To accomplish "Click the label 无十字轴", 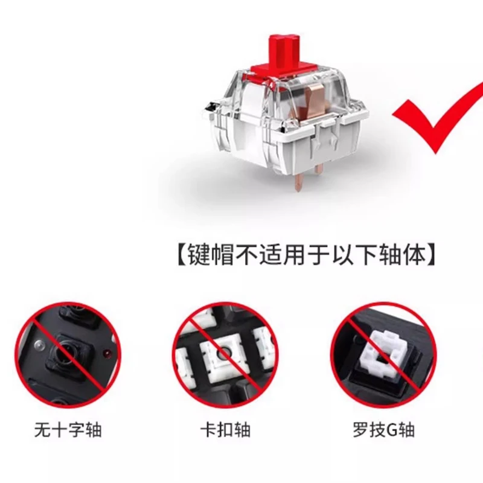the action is [68, 430].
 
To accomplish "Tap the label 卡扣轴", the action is [225, 430].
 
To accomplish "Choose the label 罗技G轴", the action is [384, 430].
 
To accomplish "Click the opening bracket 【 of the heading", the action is [181, 255].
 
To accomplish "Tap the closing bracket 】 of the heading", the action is [431, 255].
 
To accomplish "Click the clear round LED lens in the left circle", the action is [39, 344].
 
